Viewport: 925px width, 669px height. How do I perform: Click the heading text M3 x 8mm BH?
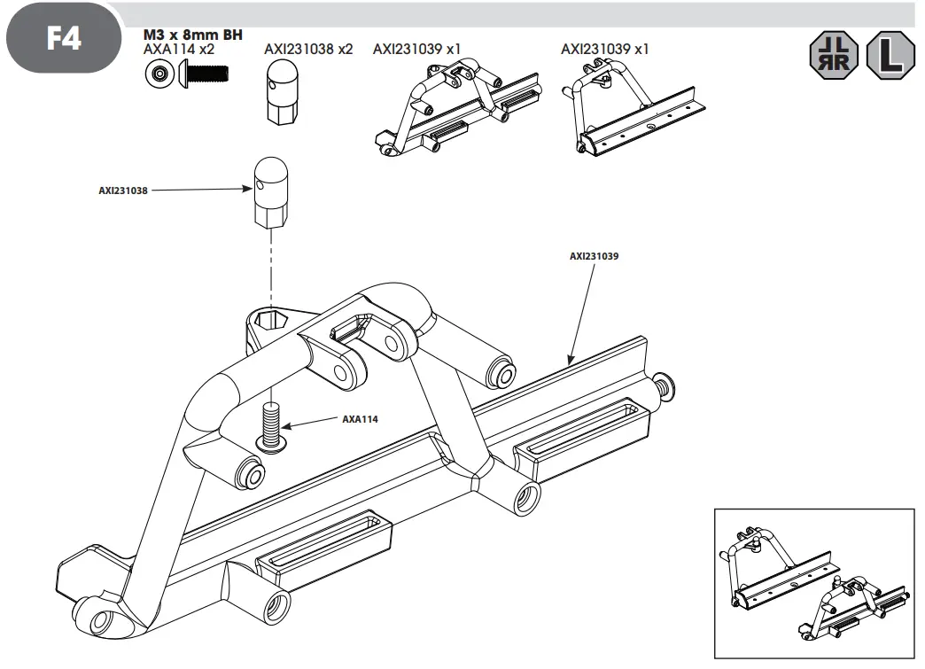[193, 35]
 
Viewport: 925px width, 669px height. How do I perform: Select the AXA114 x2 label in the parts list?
[179, 50]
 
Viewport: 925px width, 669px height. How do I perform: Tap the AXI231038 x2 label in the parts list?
[308, 50]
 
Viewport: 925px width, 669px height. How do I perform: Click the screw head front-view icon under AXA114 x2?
[159, 76]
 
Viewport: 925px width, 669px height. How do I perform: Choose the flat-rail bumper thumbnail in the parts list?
[633, 111]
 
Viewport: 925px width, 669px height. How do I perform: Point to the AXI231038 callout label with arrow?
[123, 189]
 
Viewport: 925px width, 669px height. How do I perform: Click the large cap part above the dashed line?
[271, 192]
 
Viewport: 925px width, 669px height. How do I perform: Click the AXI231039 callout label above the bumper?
[594, 256]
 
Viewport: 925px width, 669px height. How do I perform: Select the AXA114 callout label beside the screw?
[360, 419]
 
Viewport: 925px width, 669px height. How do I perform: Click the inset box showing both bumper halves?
[813, 583]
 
